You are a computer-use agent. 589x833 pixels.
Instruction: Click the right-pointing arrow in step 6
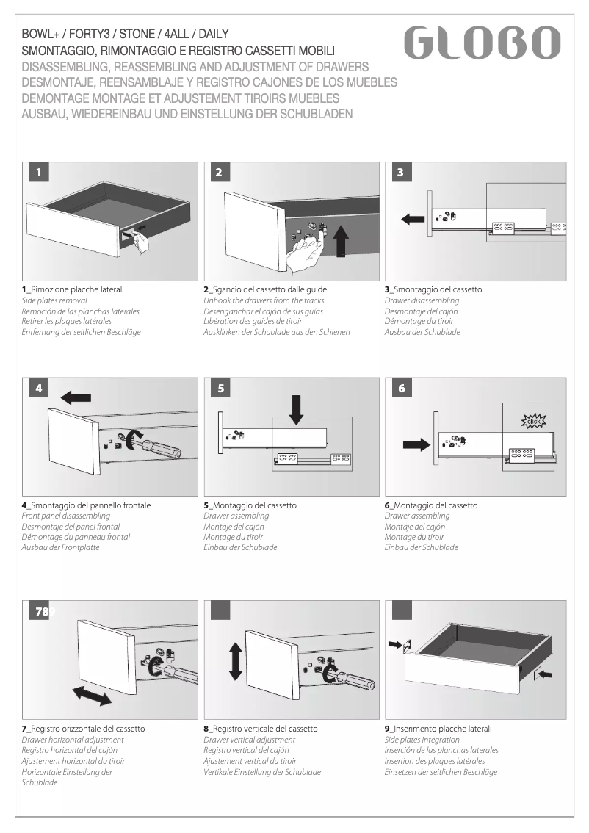(415, 444)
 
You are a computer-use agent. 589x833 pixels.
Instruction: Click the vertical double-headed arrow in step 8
(235, 660)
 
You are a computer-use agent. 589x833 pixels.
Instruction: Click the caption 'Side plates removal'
(54, 300)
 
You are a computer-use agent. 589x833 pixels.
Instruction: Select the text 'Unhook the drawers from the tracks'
(263, 300)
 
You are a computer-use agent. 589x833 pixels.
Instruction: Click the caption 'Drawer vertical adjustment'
(249, 740)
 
